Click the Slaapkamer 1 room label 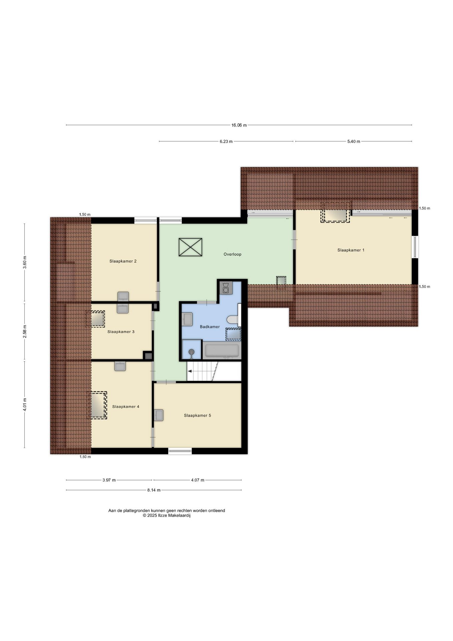pos(351,250)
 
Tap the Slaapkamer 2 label pos(123,261)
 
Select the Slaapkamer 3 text pos(121,332)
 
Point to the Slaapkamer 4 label pos(125,406)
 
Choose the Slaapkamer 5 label pos(197,415)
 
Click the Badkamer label pos(209,327)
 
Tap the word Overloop pos(232,254)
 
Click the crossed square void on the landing pos(190,247)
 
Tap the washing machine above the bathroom pos(226,288)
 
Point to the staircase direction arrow pos(190,371)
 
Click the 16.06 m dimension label pos(239,125)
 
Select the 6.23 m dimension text pos(226,141)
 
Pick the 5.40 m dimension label pos(354,141)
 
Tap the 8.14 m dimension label pos(154,490)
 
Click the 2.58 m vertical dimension pos(25,332)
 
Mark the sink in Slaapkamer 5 pos(159,415)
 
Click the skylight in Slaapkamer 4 pos(97,405)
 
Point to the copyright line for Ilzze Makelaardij pos(166,515)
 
